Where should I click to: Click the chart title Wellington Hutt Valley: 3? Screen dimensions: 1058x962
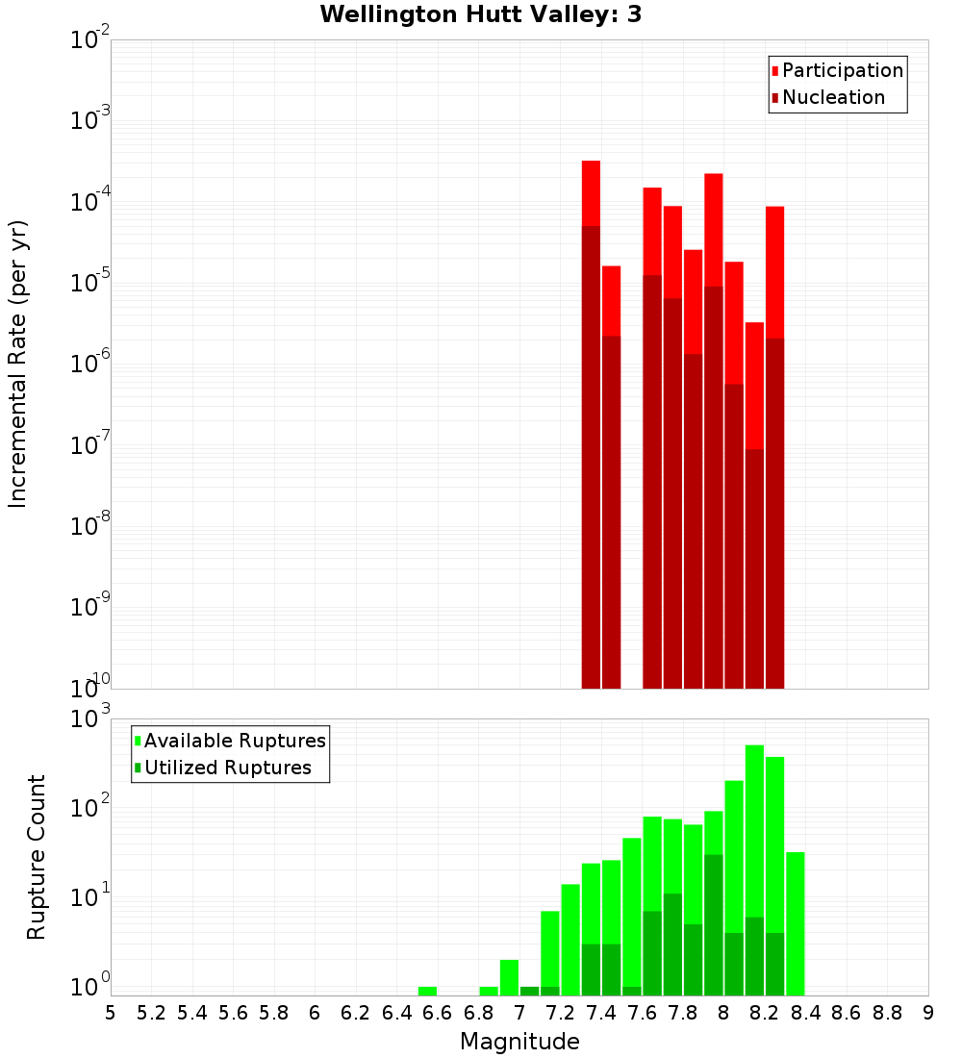[481, 14]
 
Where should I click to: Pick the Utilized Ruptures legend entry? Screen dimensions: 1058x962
[227, 768]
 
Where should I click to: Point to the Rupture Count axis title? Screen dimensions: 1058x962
[37, 856]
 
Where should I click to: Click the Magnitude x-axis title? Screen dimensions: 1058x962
[519, 1042]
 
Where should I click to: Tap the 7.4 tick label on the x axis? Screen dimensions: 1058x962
[601, 1012]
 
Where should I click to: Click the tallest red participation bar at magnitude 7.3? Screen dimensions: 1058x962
[591, 192]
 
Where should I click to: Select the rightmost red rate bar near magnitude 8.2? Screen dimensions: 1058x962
[775, 269]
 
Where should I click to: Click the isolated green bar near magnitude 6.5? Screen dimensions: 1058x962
[427, 991]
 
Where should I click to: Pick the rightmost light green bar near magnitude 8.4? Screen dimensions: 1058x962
[796, 923]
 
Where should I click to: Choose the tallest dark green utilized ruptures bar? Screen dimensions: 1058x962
[714, 923]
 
